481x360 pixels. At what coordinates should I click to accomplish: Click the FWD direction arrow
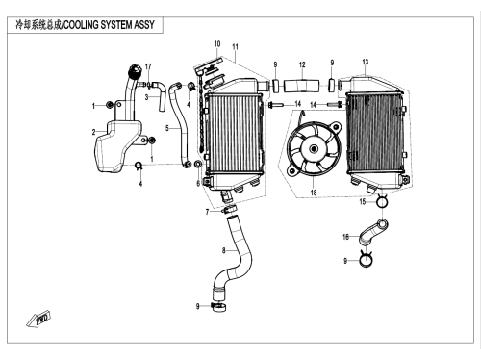pos(38,320)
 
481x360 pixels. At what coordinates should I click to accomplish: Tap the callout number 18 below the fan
pos(314,193)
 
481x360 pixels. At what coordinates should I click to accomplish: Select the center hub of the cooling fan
pos(314,149)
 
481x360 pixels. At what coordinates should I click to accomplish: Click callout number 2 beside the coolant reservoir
pos(93,132)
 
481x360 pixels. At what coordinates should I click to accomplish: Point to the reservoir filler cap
pos(135,71)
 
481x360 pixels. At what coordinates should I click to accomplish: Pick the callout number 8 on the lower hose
pos(224,250)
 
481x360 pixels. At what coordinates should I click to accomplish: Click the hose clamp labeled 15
pos(382,201)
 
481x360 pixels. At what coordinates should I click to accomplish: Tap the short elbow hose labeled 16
pos(372,232)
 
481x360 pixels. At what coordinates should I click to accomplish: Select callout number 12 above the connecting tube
pos(302,64)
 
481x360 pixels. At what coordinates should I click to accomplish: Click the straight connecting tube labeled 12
pos(302,86)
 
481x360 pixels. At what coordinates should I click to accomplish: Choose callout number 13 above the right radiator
pos(366,62)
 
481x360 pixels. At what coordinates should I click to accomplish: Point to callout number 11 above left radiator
pos(235,47)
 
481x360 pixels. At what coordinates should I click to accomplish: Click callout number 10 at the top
pos(217,44)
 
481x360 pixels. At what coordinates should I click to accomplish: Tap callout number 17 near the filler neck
pos(148,66)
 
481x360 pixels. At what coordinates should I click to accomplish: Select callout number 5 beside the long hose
pos(167,128)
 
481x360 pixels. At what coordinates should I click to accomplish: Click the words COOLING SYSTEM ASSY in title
pos(109,25)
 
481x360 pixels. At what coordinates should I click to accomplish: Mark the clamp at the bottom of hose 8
pos(219,307)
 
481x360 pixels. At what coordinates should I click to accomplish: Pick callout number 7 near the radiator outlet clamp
pos(207,212)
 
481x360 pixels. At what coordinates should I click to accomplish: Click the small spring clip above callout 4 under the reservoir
pos(139,166)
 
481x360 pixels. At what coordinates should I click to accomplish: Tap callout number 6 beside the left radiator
pos(198,183)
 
